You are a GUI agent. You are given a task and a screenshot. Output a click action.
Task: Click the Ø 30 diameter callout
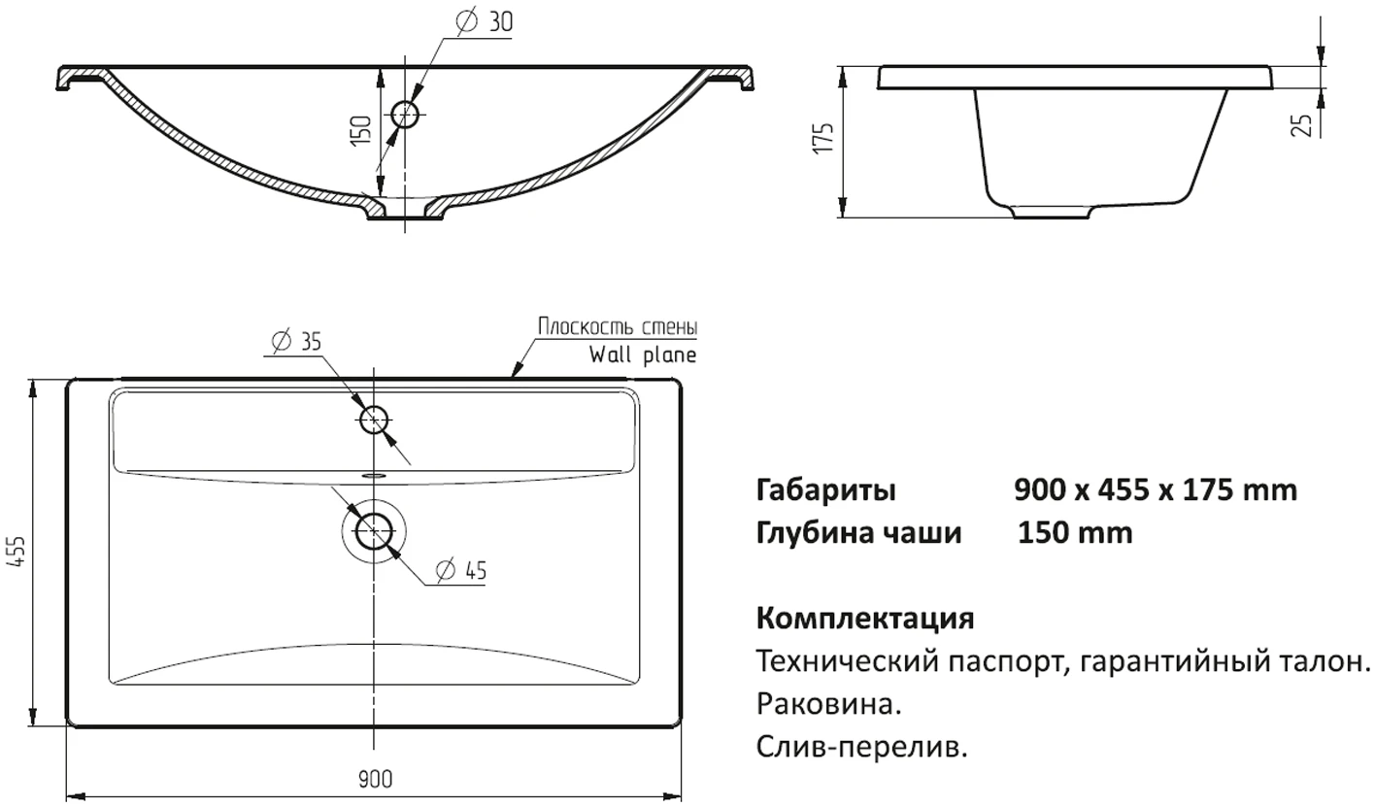tap(485, 22)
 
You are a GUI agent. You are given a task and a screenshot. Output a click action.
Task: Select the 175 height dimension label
tap(823, 138)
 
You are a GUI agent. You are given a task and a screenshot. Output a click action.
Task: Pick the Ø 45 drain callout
tap(461, 570)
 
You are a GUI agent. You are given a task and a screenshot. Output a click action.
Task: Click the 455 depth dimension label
tap(18, 551)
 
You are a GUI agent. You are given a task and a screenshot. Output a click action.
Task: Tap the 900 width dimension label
tap(375, 780)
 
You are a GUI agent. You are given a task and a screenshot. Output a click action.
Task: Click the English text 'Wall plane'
tap(643, 354)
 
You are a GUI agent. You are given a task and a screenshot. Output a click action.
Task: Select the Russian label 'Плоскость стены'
tap(618, 326)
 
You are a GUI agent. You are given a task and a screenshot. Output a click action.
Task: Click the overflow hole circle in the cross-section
tap(405, 115)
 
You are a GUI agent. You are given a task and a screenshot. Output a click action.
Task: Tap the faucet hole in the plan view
tap(373, 420)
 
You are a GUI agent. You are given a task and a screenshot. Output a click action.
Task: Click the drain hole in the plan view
tap(373, 531)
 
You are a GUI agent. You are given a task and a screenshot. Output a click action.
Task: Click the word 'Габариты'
tap(825, 490)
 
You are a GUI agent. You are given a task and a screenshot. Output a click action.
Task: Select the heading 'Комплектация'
tap(865, 618)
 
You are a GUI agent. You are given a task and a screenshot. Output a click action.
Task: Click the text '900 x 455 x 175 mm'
tap(1156, 489)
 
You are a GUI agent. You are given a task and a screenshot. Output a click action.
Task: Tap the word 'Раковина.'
tap(828, 704)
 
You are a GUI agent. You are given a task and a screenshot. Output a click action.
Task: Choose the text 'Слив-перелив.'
tap(862, 747)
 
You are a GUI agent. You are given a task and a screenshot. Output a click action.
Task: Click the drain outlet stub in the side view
tap(1051, 212)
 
